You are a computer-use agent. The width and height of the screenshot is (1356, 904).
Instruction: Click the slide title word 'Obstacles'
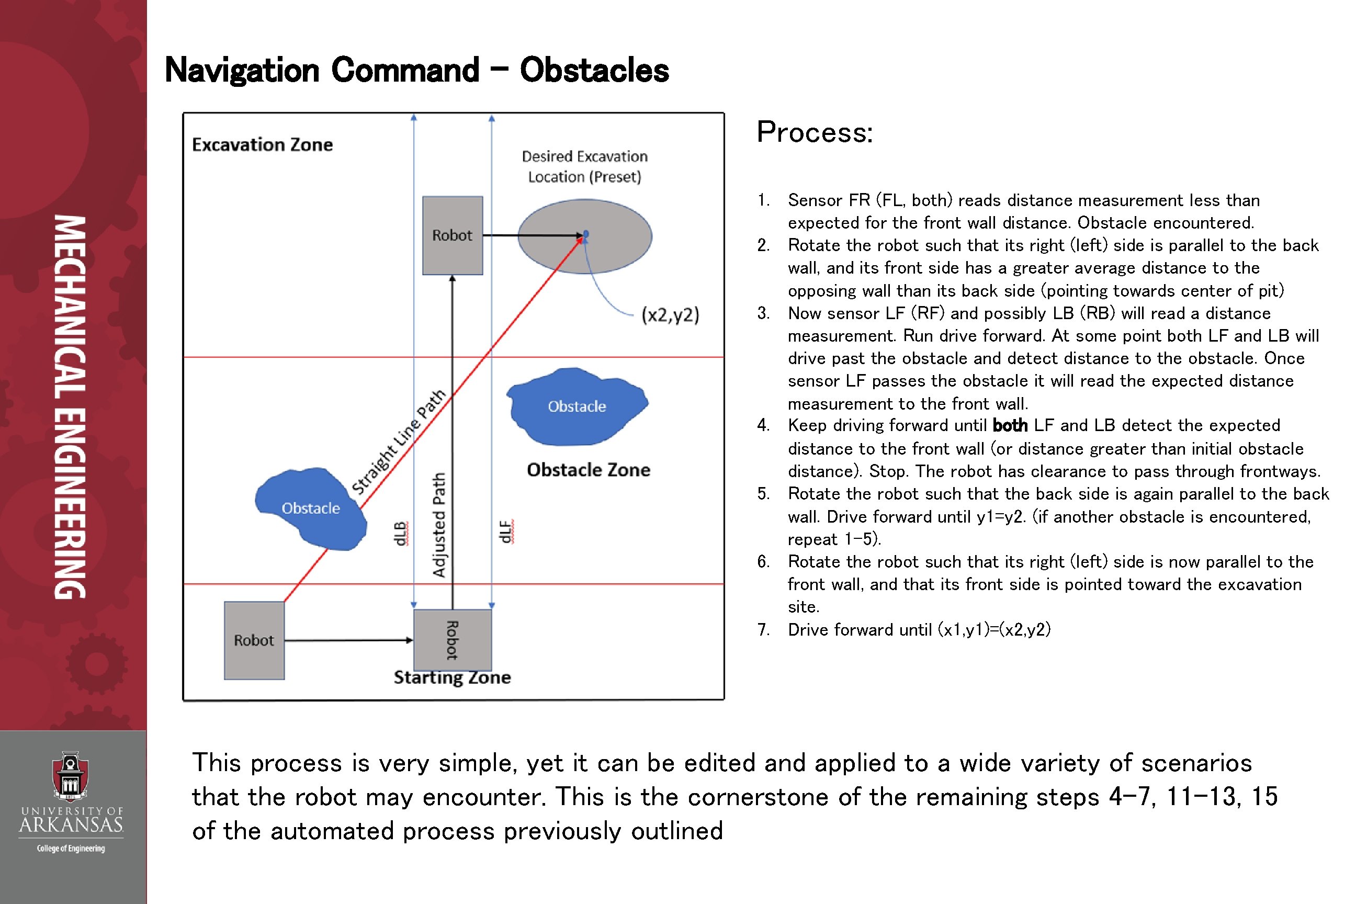click(x=594, y=70)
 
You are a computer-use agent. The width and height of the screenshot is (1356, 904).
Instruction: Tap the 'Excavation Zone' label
click(x=262, y=144)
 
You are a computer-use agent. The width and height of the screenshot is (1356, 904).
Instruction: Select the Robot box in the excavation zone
click(x=452, y=235)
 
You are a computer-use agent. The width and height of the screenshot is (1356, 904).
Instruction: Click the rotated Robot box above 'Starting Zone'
click(x=453, y=639)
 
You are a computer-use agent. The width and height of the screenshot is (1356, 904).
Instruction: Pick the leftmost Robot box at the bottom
click(x=254, y=640)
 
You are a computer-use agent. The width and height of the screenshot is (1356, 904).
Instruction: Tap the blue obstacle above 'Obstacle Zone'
click(x=577, y=406)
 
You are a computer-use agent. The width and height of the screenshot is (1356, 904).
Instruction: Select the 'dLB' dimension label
click(x=400, y=533)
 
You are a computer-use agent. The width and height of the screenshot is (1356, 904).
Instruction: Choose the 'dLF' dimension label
click(x=505, y=532)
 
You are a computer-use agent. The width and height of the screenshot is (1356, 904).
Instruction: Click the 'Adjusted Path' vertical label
click(x=439, y=525)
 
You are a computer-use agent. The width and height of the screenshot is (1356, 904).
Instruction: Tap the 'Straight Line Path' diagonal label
click(x=399, y=442)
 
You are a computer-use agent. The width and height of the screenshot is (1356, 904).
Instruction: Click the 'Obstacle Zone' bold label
click(x=588, y=470)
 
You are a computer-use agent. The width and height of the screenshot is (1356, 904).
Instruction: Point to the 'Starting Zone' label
click(x=452, y=677)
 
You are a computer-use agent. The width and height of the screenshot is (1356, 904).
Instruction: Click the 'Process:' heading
click(x=815, y=132)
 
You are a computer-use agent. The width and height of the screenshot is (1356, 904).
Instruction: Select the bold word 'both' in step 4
click(x=1010, y=425)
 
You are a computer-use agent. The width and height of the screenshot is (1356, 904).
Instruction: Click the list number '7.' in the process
click(x=763, y=629)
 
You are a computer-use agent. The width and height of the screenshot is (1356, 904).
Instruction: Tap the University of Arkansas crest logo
click(x=70, y=775)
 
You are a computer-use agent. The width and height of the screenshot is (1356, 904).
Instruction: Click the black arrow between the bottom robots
click(x=349, y=640)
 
